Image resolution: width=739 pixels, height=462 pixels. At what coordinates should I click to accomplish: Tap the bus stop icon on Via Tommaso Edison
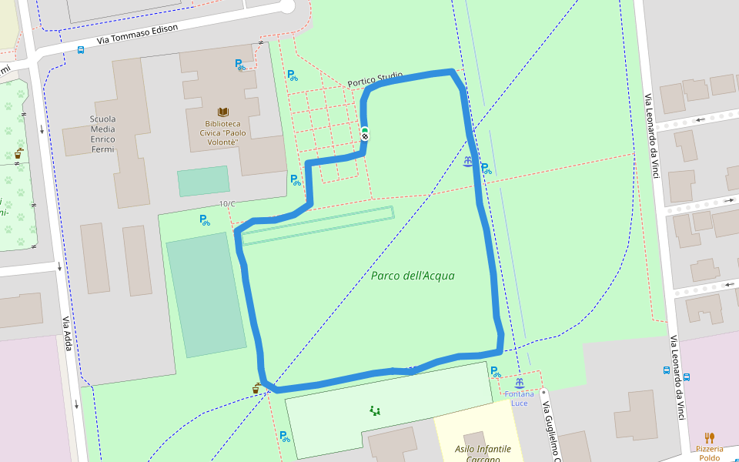coord(81,50)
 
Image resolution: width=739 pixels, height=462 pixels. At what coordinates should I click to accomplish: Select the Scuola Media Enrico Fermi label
coord(102,134)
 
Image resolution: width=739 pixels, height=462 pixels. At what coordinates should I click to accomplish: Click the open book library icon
coord(222,112)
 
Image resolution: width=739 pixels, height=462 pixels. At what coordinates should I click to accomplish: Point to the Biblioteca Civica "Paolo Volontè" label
coord(222,132)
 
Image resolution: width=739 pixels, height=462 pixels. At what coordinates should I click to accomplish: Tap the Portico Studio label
coord(375,79)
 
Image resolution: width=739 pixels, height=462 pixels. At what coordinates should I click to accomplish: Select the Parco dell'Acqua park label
coord(413,276)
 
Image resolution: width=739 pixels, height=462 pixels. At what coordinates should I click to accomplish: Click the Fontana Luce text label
coord(520,399)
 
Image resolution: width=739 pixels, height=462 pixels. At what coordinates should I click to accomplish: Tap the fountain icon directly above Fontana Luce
coord(520,383)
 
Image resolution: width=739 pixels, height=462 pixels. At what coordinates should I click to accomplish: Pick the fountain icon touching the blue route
coord(469,162)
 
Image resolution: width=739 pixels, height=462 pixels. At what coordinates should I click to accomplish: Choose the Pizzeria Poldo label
coord(709,454)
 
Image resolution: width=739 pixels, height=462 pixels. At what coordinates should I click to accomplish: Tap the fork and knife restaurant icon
coord(709,437)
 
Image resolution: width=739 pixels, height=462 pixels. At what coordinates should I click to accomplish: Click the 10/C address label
coord(227,204)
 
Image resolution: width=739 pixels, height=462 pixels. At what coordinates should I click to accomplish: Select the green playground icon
coord(375,410)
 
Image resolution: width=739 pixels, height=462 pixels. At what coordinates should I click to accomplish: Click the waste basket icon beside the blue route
coord(256,389)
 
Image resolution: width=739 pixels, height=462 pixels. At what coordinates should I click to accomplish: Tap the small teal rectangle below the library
coord(203,181)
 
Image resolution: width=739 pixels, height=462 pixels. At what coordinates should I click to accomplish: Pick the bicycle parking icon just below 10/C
coord(205,220)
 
